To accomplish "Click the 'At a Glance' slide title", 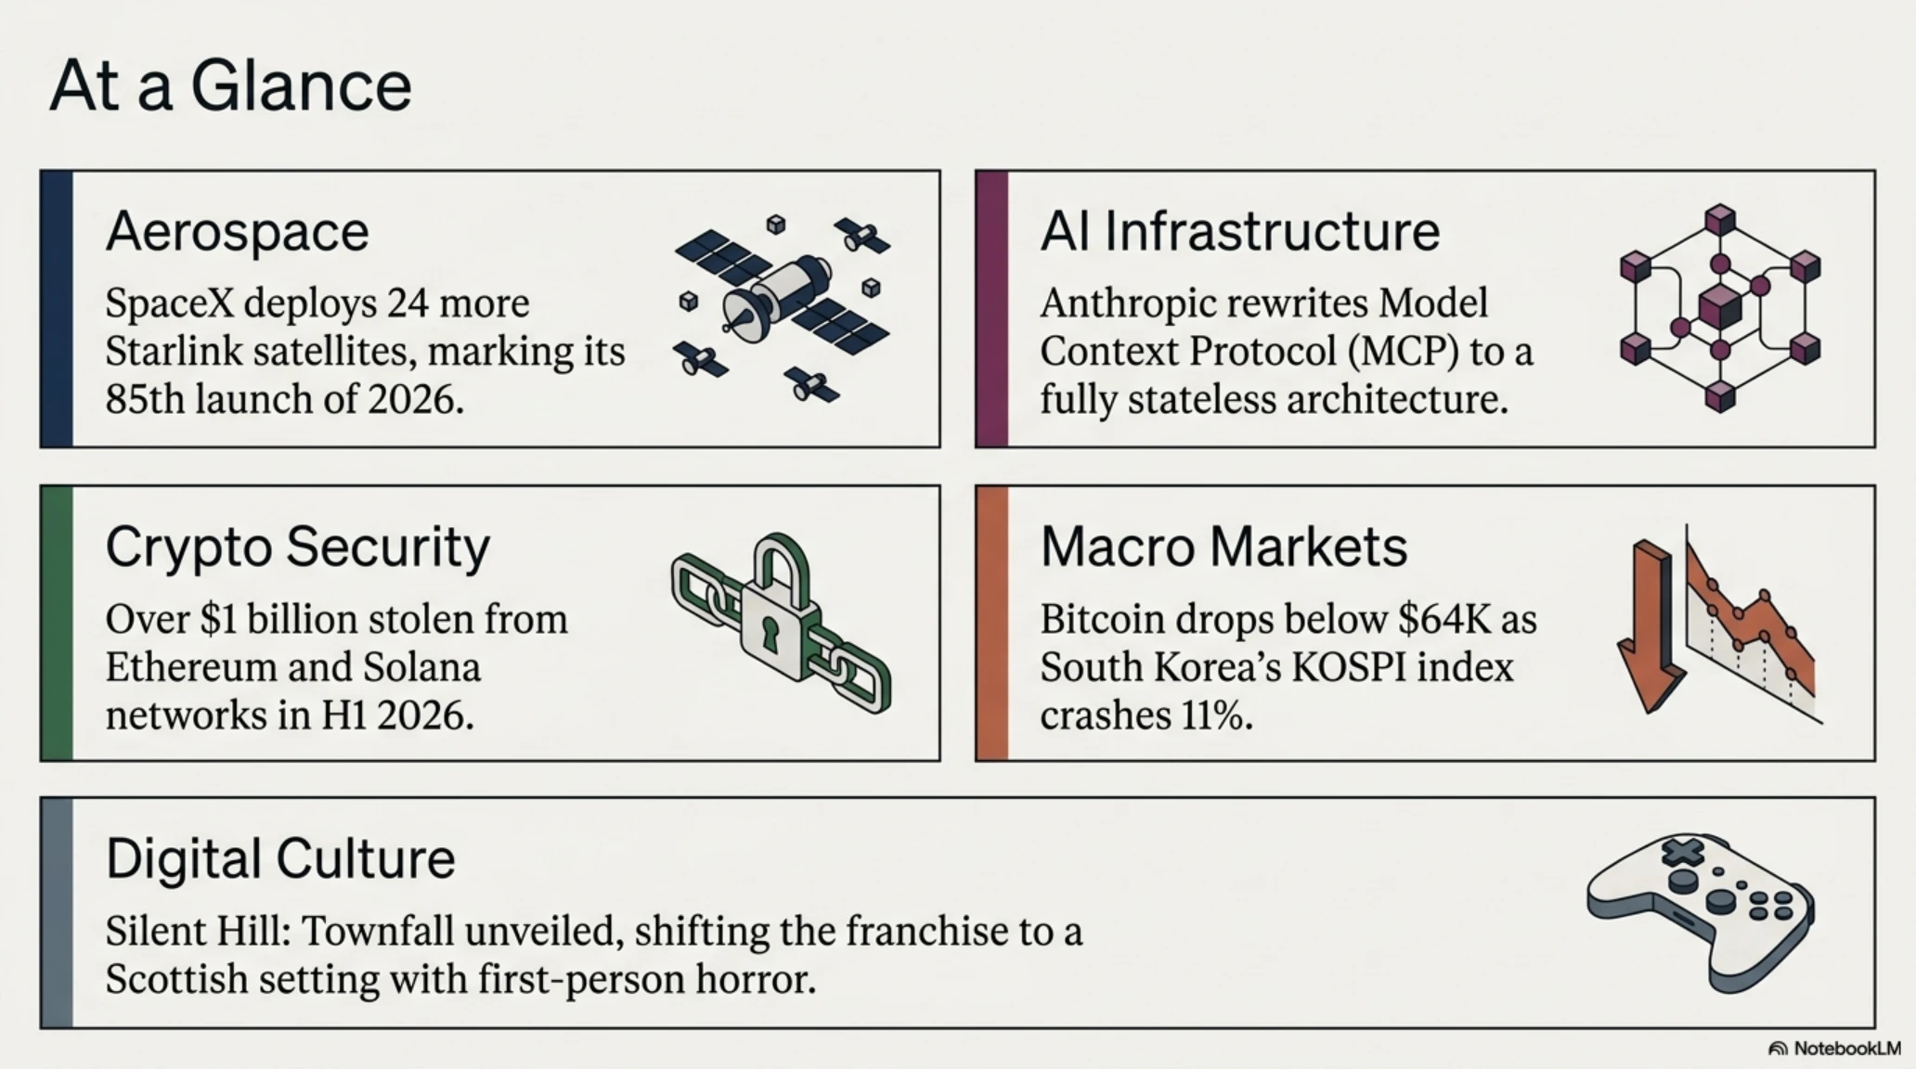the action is point(230,85).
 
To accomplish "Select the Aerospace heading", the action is point(237,231).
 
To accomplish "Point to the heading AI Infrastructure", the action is point(1239,231).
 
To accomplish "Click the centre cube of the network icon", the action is point(1719,307).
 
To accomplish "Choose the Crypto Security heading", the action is point(297,548).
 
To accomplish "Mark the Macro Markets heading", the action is point(1223,547).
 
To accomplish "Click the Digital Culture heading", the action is point(280,859).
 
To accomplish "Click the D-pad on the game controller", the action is point(1683,851).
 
